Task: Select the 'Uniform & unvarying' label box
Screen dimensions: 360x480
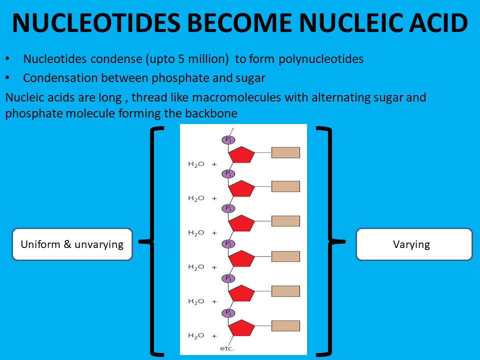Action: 72,244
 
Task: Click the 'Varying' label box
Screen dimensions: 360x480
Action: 414,244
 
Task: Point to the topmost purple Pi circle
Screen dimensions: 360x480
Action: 228,139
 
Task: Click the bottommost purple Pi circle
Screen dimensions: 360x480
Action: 228,313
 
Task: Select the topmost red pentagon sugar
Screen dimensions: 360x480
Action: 242,154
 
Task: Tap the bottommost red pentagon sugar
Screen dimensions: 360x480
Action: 242,328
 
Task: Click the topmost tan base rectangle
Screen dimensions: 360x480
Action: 285,152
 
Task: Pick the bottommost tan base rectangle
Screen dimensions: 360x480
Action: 285,326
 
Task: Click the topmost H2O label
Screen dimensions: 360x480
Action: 196,164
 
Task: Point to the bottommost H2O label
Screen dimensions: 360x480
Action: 196,335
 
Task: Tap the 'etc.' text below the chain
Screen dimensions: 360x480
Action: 227,348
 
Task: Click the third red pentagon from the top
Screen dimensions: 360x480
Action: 242,223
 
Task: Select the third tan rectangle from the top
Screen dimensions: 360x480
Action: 285,221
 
